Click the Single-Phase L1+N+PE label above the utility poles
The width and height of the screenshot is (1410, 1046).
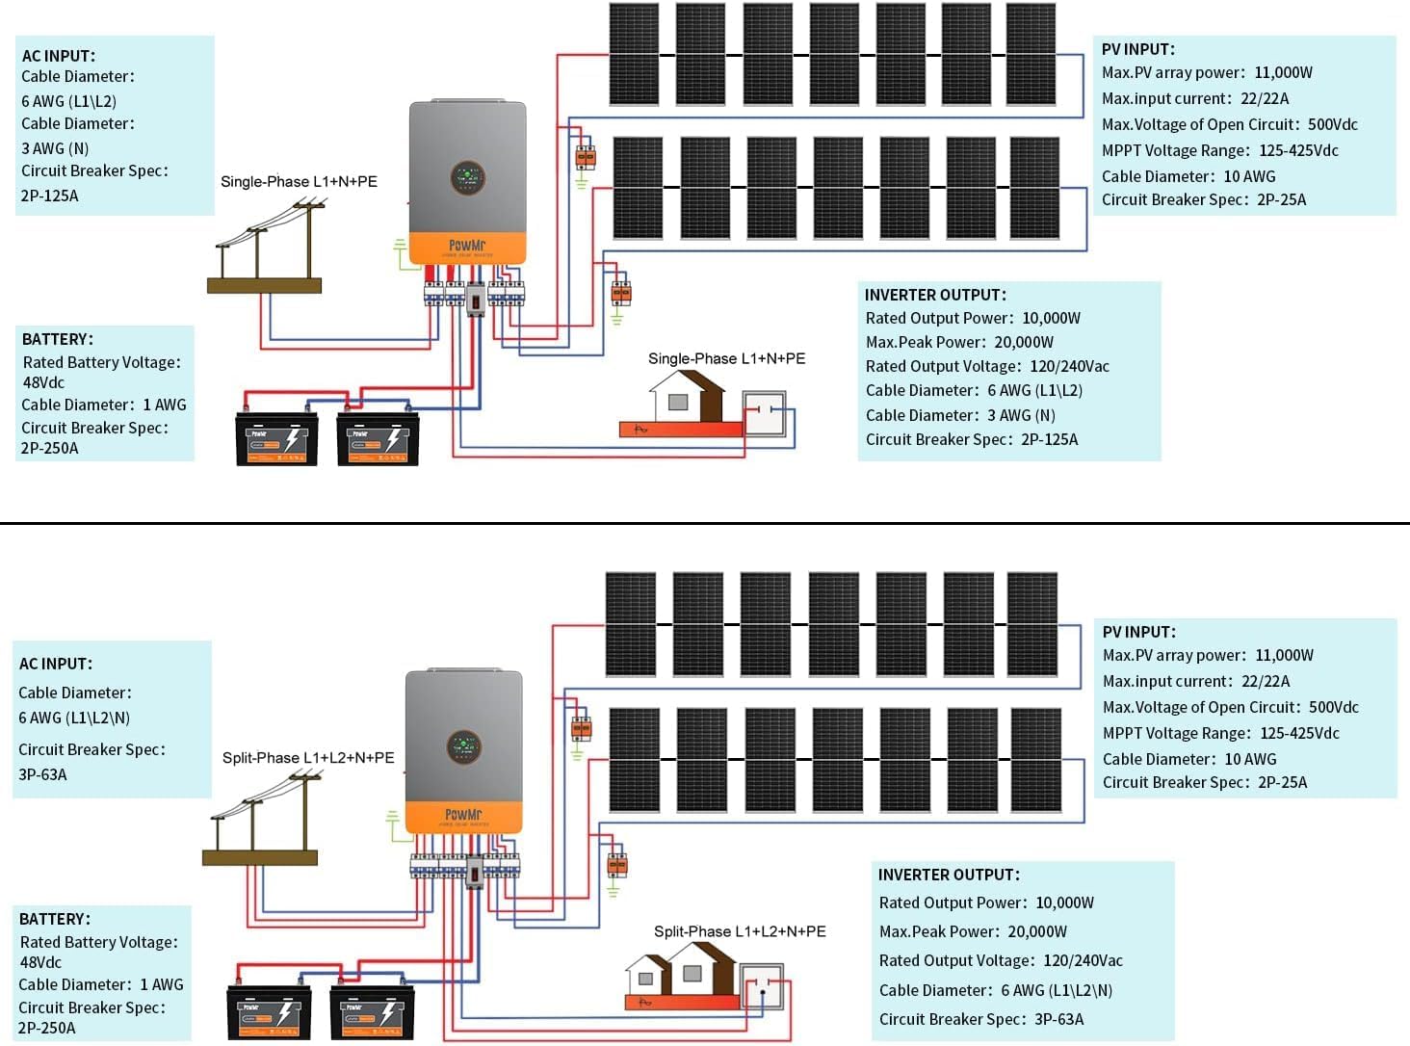click(x=299, y=181)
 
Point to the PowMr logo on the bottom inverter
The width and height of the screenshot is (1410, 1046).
click(x=463, y=815)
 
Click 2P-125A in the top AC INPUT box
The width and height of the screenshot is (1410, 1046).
click(x=50, y=196)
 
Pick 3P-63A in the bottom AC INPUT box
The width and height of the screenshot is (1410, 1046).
click(x=43, y=774)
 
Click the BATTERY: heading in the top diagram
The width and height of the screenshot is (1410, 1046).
click(x=58, y=339)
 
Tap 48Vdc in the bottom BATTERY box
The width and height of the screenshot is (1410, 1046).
click(x=40, y=962)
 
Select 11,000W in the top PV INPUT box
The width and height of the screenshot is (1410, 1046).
click(x=1283, y=72)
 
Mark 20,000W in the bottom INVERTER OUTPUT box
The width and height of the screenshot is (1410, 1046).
click(x=1037, y=931)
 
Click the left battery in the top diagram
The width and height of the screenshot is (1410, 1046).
click(x=277, y=439)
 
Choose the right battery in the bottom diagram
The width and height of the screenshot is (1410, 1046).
click(x=372, y=1011)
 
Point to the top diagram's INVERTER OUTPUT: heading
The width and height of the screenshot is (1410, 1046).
click(x=935, y=295)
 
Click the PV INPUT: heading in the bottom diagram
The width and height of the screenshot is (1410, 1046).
click(x=1139, y=632)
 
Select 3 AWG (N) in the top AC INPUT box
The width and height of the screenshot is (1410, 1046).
click(x=55, y=148)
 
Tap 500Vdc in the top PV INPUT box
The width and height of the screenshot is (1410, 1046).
click(x=1333, y=124)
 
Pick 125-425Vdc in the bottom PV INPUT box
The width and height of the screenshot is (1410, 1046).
click(x=1299, y=733)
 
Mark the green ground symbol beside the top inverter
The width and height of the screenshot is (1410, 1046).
click(x=400, y=253)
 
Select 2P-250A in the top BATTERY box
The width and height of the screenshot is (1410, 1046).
click(x=50, y=448)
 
